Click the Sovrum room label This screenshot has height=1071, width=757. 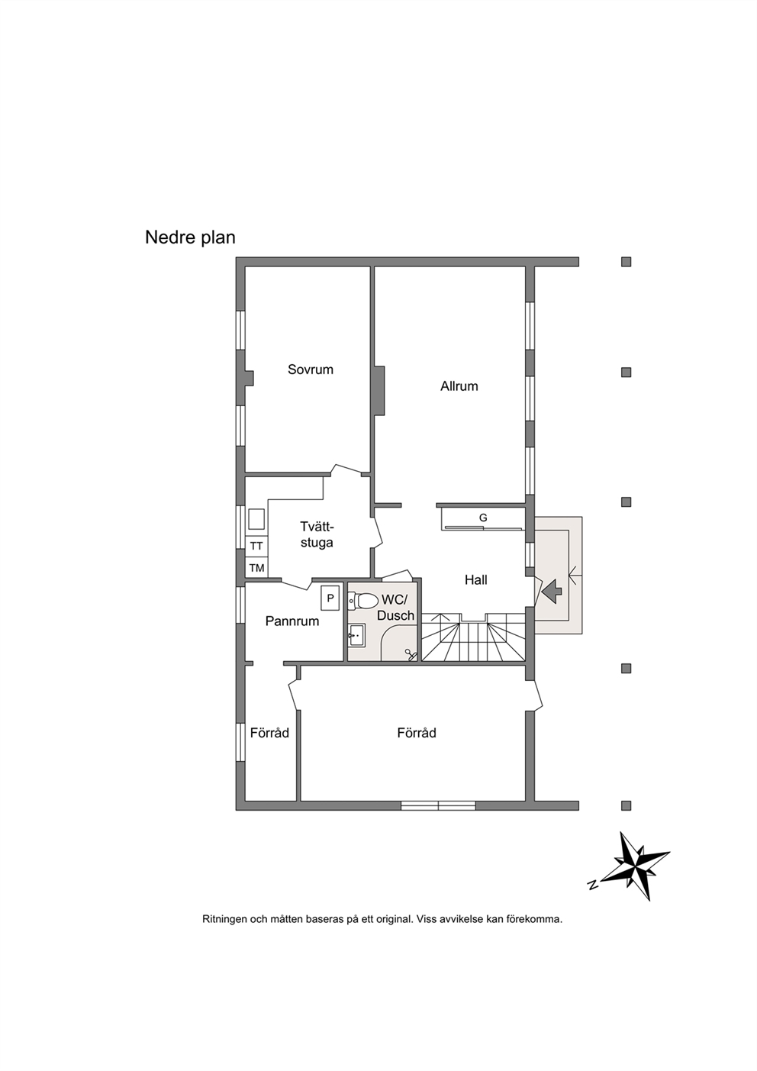[x=310, y=369]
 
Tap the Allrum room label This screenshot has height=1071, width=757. [x=459, y=386]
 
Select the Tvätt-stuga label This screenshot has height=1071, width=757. [x=317, y=534]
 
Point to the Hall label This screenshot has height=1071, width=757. [x=476, y=580]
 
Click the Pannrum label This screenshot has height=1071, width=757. [x=292, y=621]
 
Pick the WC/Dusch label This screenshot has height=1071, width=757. [x=395, y=608]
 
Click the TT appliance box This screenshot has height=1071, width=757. [x=256, y=546]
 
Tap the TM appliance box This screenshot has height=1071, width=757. [x=256, y=568]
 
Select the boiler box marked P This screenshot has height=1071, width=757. [x=330, y=598]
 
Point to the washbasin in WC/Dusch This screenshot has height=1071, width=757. [x=356, y=635]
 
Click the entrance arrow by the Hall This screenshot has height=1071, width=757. [x=552, y=591]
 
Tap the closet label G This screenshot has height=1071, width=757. [x=483, y=518]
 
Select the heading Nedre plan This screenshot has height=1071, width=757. [x=190, y=237]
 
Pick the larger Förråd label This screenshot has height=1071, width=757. [x=417, y=733]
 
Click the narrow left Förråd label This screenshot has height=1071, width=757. [x=269, y=733]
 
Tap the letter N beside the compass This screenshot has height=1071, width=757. [x=593, y=885]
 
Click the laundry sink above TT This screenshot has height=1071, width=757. [x=256, y=519]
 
